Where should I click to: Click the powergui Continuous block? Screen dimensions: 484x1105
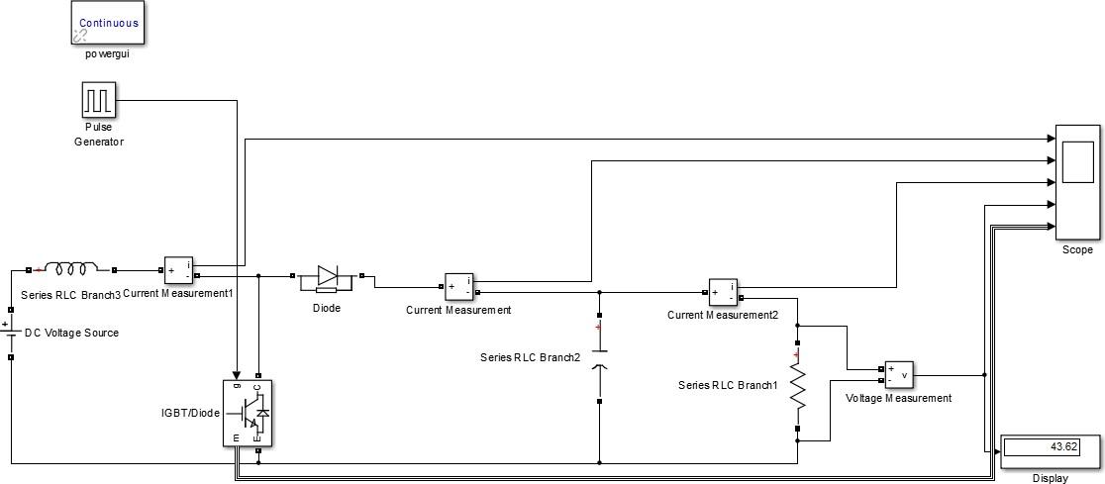point(109,23)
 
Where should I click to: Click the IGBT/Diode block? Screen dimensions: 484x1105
point(248,414)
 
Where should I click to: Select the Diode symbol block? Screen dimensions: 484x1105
point(327,278)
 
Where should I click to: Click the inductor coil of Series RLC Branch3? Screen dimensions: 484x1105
point(72,268)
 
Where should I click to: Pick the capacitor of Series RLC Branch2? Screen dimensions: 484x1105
point(599,358)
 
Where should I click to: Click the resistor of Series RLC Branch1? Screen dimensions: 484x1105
point(797,388)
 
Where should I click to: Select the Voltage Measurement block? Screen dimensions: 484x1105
point(898,375)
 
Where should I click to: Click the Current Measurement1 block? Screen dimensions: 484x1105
point(178,269)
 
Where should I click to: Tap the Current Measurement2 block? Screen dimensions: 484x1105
point(722,291)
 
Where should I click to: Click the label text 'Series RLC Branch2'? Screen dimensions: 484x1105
point(531,357)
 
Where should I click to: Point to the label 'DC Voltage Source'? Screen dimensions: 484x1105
point(71,333)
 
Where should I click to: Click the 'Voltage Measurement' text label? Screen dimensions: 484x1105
point(899,398)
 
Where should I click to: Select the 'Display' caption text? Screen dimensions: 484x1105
point(1051,478)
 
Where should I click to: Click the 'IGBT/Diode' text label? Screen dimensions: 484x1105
point(191,413)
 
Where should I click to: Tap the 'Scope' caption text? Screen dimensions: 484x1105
point(1077,250)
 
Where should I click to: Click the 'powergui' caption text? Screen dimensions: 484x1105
point(108,53)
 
